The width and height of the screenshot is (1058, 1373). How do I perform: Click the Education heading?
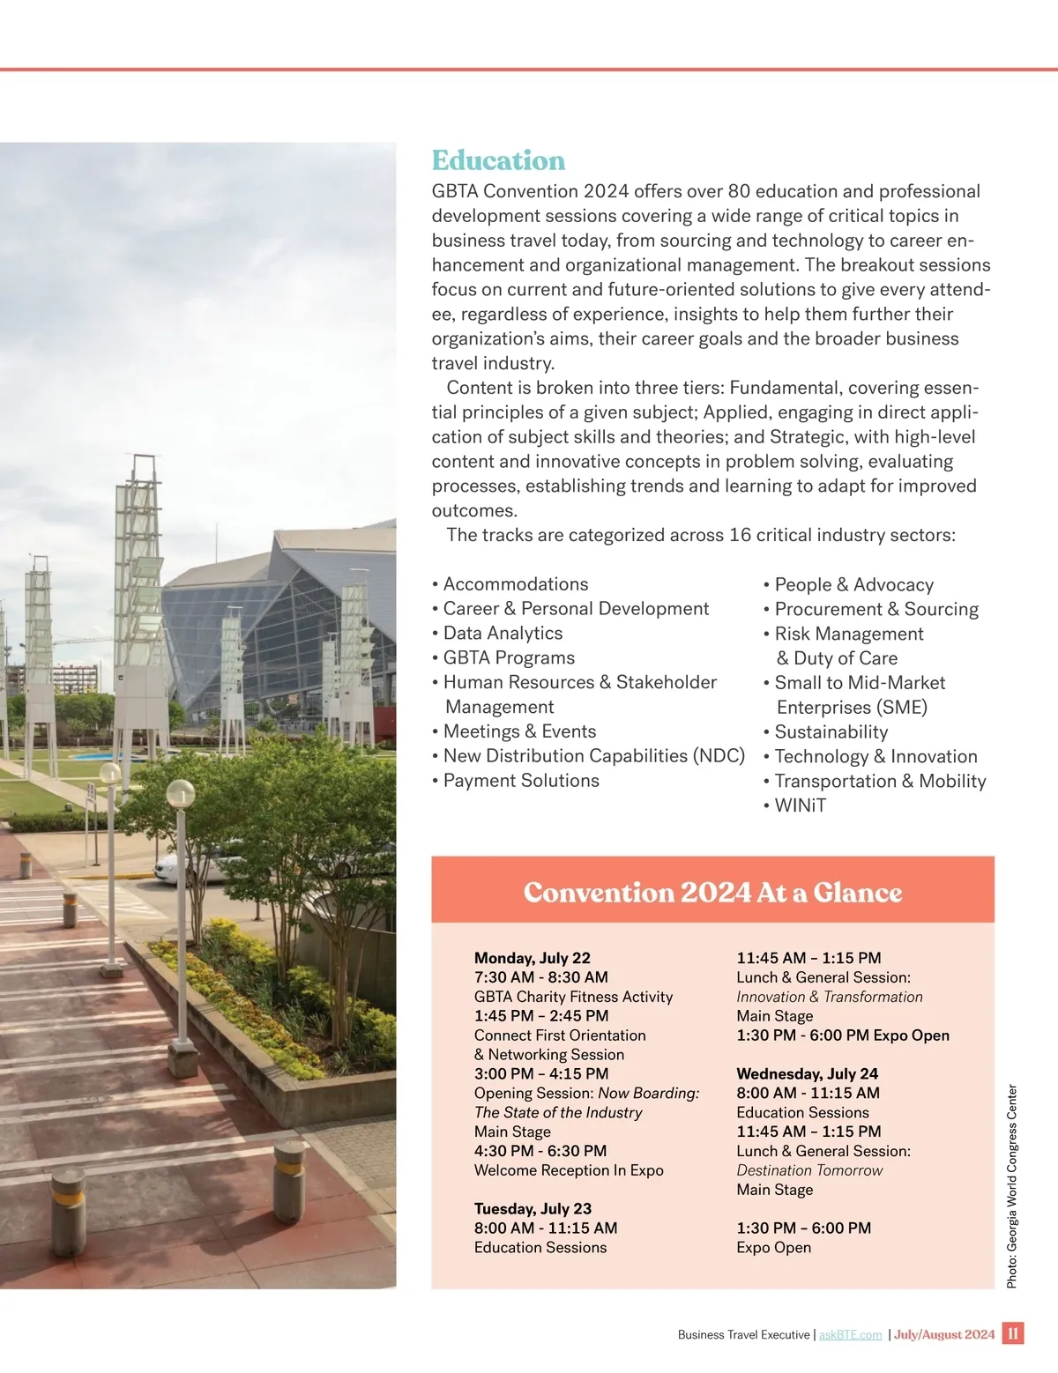tap(498, 160)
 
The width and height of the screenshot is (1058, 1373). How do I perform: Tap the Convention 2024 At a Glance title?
tap(712, 892)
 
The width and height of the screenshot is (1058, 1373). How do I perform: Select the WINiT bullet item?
tap(800, 805)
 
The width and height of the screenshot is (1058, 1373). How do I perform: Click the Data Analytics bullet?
tap(503, 633)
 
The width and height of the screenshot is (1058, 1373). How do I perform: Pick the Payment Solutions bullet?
tap(521, 780)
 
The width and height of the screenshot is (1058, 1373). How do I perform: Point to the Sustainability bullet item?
tap(831, 731)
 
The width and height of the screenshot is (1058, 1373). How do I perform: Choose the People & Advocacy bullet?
tap(853, 584)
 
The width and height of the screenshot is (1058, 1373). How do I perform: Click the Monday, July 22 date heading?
tap(532, 957)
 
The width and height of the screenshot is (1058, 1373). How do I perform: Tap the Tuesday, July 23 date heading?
tap(533, 1208)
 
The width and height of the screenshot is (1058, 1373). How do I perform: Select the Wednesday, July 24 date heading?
tap(807, 1073)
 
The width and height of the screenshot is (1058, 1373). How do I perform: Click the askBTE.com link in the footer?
tap(850, 1335)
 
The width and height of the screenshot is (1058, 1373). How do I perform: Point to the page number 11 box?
tap(1013, 1333)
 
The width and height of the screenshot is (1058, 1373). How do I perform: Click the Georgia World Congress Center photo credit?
tap(1012, 1186)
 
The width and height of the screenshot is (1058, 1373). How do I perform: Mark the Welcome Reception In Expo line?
tap(569, 1170)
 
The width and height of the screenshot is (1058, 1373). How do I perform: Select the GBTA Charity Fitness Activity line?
tap(573, 997)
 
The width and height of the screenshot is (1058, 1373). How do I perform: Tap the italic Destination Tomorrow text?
tap(809, 1170)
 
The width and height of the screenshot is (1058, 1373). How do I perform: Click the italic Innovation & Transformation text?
tap(829, 997)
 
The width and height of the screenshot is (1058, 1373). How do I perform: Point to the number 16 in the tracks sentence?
tap(740, 535)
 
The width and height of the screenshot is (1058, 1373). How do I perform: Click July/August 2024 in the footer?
tap(944, 1335)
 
